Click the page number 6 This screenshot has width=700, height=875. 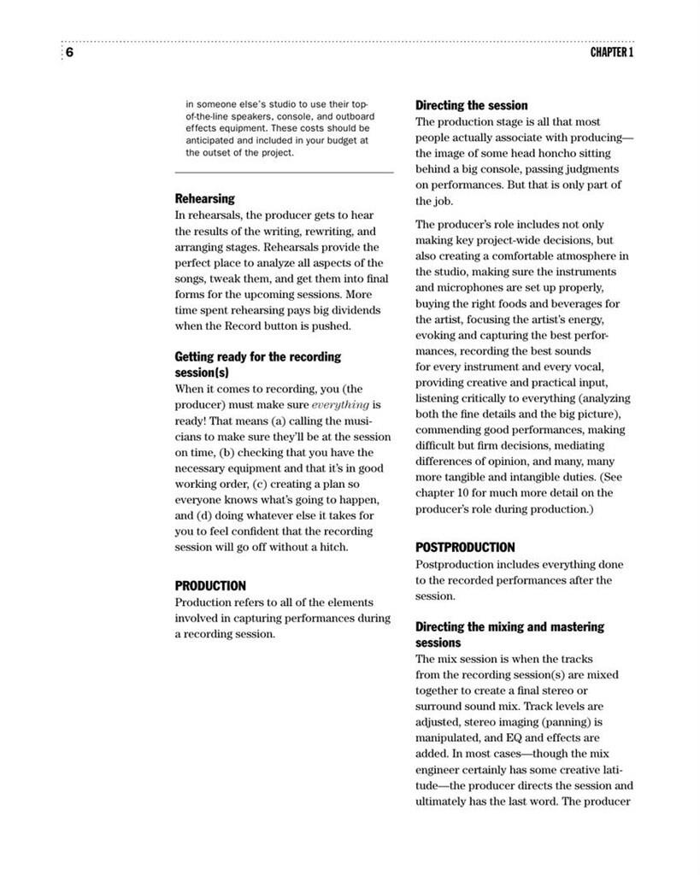69,52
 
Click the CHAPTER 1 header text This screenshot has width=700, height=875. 611,53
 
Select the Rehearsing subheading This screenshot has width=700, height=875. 204,199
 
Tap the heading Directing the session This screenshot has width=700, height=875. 471,106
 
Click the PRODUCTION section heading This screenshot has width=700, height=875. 210,586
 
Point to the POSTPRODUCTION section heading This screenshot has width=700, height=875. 465,548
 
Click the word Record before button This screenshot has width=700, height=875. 268,326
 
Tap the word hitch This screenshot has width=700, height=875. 332,547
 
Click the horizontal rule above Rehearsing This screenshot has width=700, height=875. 284,173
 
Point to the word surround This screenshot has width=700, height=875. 442,707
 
